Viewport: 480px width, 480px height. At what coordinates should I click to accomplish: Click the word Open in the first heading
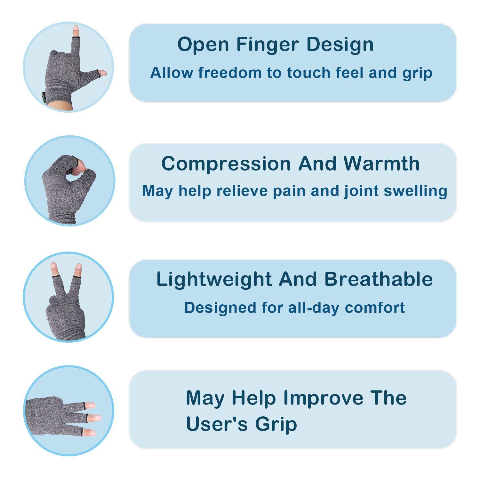point(203,45)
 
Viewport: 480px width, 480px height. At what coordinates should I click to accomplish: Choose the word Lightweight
point(214,279)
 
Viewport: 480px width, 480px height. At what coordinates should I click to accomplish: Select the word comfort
point(375,308)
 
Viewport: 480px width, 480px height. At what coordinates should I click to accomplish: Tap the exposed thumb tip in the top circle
point(102,73)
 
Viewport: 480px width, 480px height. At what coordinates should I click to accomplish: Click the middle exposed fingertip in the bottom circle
point(95,418)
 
